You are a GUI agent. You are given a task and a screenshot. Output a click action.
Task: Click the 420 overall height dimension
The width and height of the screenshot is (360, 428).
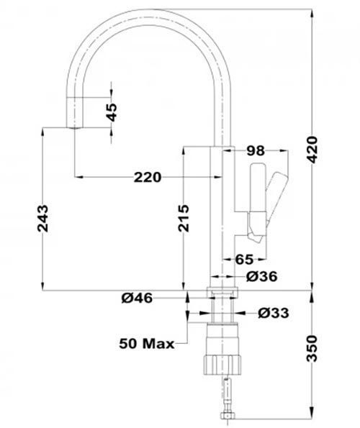(x=312, y=150)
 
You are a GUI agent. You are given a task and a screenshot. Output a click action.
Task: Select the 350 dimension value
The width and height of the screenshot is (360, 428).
(x=312, y=348)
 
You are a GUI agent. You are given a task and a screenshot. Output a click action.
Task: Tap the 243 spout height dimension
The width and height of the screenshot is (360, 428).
(x=43, y=219)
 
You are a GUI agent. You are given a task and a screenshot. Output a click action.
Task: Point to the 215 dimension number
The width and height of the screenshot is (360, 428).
(x=184, y=219)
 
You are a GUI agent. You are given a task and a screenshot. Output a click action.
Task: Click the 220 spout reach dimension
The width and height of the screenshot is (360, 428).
(x=148, y=178)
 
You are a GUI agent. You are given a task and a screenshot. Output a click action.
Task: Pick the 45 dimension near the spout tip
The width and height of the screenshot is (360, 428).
(x=112, y=112)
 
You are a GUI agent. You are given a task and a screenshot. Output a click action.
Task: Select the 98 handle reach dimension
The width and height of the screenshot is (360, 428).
(x=256, y=150)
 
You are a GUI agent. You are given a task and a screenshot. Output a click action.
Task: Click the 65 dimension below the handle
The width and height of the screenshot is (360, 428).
(x=245, y=259)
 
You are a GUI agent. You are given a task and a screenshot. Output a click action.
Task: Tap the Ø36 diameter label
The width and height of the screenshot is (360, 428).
(x=261, y=276)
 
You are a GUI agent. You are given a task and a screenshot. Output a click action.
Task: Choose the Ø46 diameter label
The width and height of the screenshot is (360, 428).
(x=137, y=298)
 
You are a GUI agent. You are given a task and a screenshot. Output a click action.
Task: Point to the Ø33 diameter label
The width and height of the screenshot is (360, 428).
(x=273, y=313)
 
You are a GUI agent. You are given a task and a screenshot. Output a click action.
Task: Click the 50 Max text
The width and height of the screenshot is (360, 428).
(x=147, y=343)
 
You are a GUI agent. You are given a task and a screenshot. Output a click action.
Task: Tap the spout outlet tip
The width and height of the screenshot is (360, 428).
(x=74, y=127)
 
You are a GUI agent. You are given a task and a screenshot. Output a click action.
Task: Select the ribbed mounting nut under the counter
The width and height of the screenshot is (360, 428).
(x=222, y=365)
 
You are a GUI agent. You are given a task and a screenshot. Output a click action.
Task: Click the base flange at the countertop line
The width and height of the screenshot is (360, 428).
(x=222, y=292)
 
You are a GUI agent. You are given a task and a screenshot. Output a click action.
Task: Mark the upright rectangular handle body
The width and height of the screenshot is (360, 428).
(x=257, y=188)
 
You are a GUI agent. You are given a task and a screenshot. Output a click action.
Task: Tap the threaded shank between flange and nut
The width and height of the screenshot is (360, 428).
(x=222, y=310)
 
